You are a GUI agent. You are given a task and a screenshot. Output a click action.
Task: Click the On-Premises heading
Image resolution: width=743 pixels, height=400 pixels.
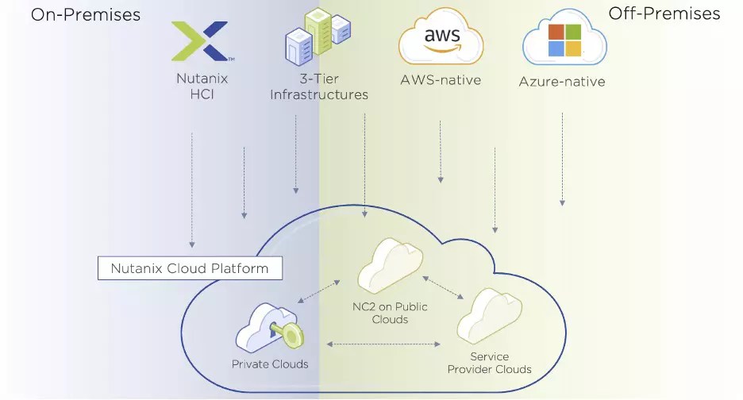coord(85,14)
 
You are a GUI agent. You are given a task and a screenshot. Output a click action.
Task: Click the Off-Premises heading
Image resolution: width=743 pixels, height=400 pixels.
coord(664,13)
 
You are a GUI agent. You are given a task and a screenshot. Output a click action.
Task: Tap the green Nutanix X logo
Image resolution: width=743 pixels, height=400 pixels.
coord(201,41)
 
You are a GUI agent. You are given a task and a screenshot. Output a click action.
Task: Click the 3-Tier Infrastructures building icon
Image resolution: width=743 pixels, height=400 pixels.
coord(318,37)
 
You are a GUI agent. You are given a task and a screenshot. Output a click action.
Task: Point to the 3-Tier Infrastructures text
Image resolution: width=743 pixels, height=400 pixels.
coord(319,87)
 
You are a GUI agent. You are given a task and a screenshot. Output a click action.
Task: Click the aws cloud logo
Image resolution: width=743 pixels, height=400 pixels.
coord(441,40)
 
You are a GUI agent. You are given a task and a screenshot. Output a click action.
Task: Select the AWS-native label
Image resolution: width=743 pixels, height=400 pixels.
coord(441,80)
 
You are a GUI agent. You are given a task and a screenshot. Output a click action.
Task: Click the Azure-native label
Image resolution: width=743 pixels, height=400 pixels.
coord(562,82)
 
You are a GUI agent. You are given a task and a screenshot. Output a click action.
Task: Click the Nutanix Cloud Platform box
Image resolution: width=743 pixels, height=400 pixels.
coord(190,268)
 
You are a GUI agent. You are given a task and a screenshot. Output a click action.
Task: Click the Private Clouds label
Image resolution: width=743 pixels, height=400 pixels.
coord(270,364)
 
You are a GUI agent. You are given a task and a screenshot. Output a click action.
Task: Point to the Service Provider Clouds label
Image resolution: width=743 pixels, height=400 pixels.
coord(489,363)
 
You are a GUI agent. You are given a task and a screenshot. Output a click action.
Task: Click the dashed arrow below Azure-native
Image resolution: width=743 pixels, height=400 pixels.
coord(562,159)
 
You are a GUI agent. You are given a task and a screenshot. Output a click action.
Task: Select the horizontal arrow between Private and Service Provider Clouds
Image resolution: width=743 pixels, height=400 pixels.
coord(384,344)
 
